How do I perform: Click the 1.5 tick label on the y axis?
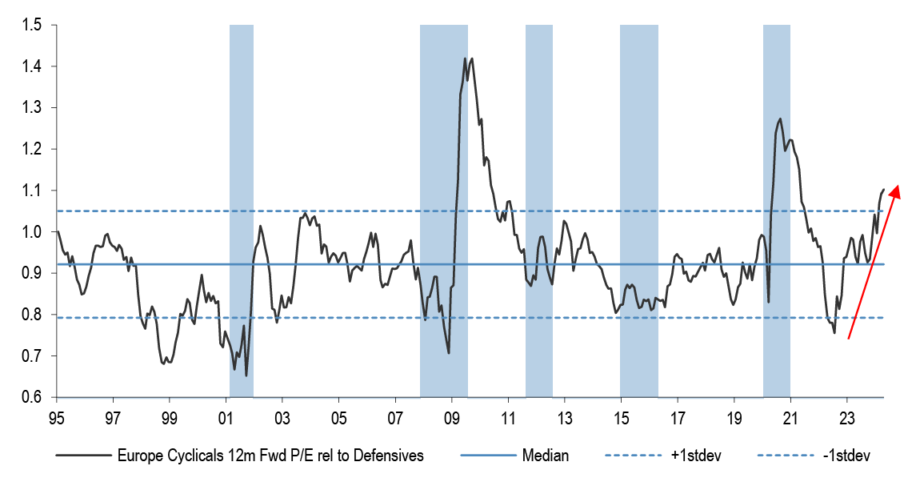coord(31,25)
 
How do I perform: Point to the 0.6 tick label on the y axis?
coord(31,397)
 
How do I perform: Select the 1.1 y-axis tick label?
coord(31,191)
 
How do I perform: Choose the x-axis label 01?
coord(226,418)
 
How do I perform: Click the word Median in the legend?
coord(545,456)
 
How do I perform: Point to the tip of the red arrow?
coord(898,186)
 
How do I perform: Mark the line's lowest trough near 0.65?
coord(246,376)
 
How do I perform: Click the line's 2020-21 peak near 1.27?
coord(780,119)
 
